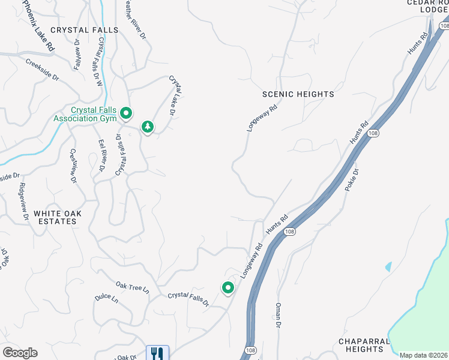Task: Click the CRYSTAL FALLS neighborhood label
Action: pyautogui.click(x=85, y=30)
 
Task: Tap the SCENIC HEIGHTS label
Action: pyautogui.click(x=298, y=94)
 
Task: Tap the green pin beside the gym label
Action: pyautogui.click(x=126, y=112)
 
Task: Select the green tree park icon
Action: pyautogui.click(x=147, y=127)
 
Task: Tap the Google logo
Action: pyautogui.click(x=20, y=353)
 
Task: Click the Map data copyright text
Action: pyautogui.click(x=424, y=355)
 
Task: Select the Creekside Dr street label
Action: pyautogui.click(x=42, y=70)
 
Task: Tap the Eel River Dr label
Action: pyautogui.click(x=101, y=157)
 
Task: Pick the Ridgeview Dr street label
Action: pyautogui.click(x=24, y=201)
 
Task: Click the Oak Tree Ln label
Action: pyautogui.click(x=132, y=287)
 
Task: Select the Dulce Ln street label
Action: pyautogui.click(x=106, y=299)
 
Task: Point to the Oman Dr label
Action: pyautogui.click(x=278, y=316)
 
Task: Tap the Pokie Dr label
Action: pyautogui.click(x=352, y=180)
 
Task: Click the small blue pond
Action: pyautogui.click(x=388, y=265)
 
